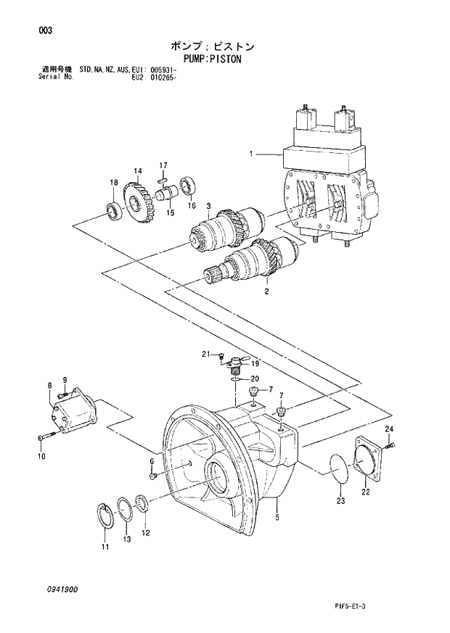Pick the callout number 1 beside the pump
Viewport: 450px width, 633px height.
(250, 154)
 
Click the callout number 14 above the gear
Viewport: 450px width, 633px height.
(137, 170)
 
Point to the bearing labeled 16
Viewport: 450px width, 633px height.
(190, 186)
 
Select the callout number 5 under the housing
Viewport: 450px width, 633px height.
(277, 518)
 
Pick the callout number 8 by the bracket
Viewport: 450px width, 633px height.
(49, 386)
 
